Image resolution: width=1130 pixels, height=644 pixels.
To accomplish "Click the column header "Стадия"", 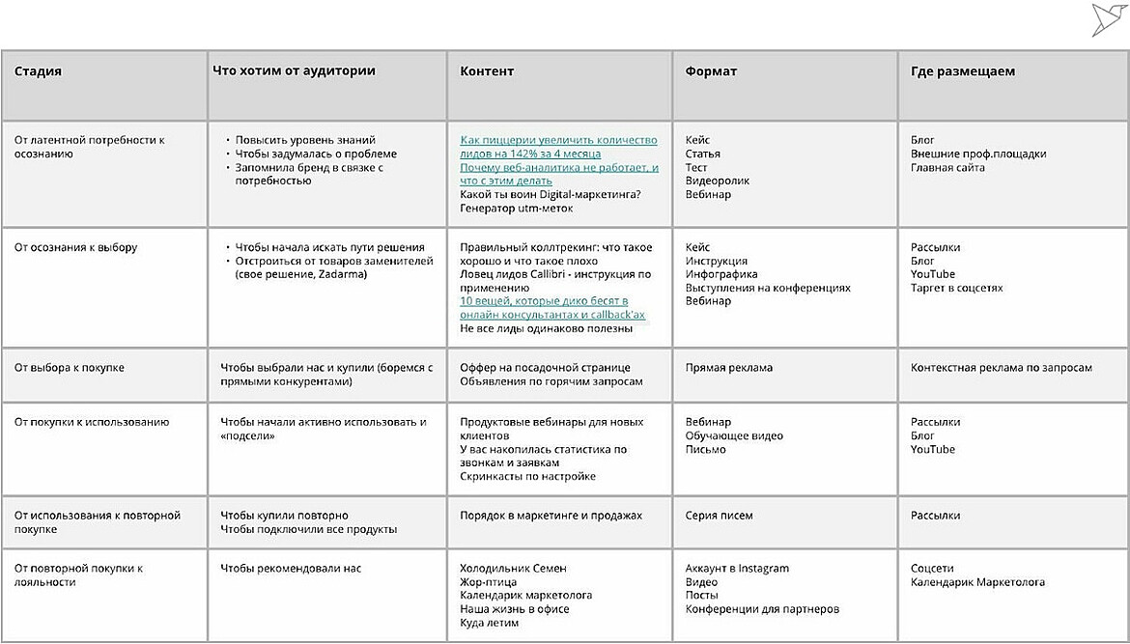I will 38,71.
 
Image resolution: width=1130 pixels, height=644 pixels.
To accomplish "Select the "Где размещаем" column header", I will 962,71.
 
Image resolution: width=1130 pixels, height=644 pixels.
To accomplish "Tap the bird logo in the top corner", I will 1110,18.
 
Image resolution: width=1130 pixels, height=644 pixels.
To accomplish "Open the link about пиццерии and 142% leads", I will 557,147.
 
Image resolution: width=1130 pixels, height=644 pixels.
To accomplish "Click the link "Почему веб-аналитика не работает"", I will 558,174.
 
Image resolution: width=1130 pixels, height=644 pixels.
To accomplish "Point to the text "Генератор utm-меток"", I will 516,208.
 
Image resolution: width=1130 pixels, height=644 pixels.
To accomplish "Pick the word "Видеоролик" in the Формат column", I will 716,181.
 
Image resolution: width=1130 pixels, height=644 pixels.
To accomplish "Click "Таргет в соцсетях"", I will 956,288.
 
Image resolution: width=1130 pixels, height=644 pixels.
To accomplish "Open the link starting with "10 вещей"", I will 551,308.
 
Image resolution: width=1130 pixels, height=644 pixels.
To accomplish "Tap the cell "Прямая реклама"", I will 728,368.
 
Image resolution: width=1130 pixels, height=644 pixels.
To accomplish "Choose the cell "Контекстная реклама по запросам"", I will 1001,368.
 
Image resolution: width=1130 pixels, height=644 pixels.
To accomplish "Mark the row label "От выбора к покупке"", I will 69,368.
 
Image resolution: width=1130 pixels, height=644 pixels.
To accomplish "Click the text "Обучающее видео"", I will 733,435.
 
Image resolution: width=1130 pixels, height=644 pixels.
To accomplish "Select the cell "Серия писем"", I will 719,516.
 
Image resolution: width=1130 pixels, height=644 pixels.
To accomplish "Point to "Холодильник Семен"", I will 513,569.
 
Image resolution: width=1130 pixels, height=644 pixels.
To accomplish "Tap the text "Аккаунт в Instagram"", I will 737,569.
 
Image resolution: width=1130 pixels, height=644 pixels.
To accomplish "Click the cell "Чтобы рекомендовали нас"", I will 290,569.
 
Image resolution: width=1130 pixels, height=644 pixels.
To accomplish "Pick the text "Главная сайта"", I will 947,167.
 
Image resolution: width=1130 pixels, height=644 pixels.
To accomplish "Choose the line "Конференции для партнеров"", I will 762,609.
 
